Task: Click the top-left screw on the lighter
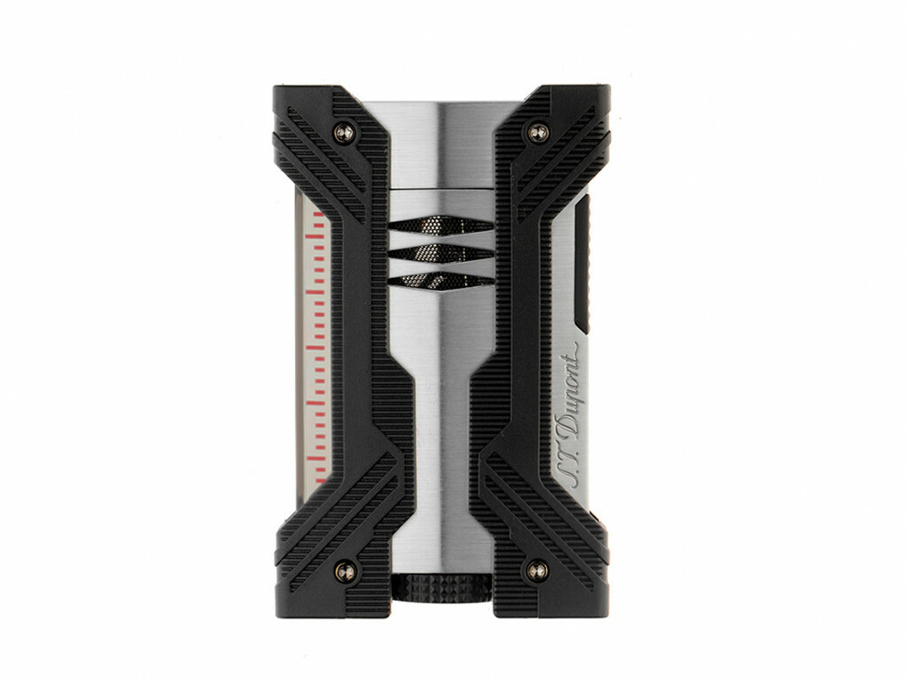tap(345, 133)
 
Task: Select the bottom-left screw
tap(345, 572)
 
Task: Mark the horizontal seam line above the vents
tap(440, 189)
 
